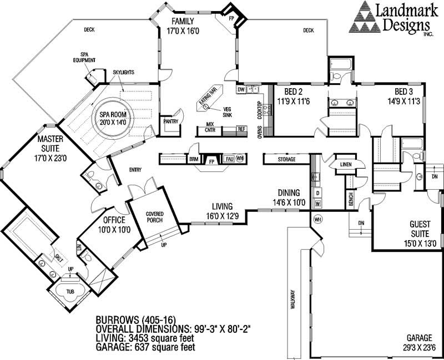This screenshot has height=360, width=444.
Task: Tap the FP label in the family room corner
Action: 233,18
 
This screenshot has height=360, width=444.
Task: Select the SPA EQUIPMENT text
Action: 88,58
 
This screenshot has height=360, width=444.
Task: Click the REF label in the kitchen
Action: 241,129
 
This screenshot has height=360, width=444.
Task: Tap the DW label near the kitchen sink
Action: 241,89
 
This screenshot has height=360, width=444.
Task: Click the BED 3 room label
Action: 405,92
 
